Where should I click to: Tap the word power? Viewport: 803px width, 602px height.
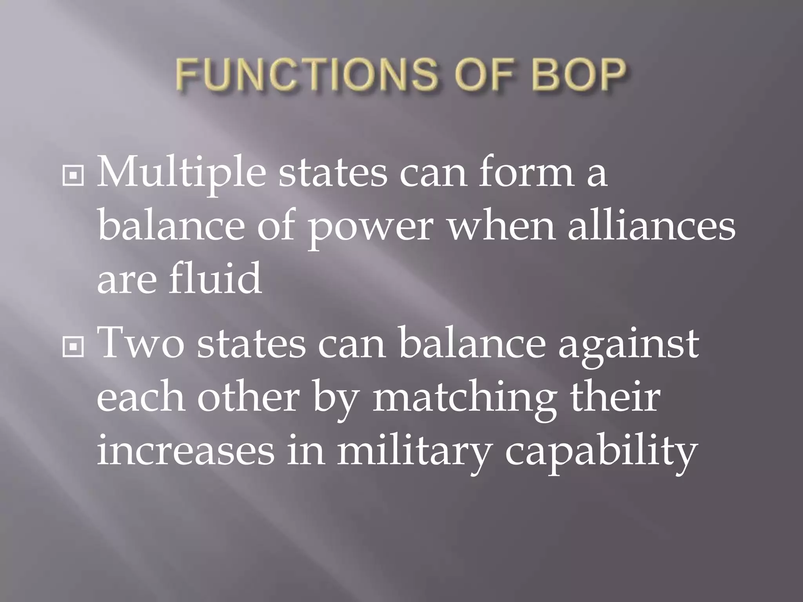pyautogui.click(x=371, y=227)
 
